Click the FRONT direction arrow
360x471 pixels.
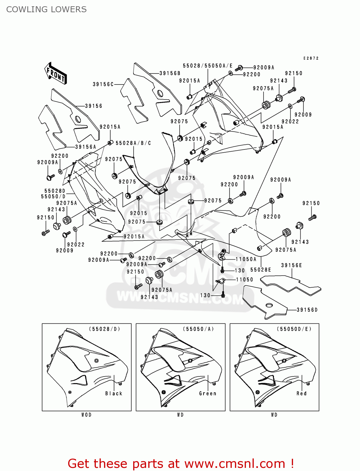[x=56, y=73]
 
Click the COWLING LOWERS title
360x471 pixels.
[x=46, y=9]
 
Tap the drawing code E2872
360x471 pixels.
[x=311, y=58]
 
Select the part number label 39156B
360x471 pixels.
[x=170, y=73]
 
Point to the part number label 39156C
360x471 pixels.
[x=103, y=84]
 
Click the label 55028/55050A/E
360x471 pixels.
[x=208, y=66]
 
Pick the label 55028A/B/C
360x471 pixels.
[x=133, y=143]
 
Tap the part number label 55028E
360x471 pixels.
[x=260, y=270]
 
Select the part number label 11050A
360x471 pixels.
[x=246, y=259]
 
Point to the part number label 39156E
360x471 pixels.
[x=292, y=265]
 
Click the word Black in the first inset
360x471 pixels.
[x=114, y=393]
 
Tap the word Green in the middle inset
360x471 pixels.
[x=208, y=393]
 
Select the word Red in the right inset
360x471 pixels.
[x=302, y=393]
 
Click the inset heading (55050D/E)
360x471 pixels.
[x=294, y=329]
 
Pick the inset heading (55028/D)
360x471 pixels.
[x=105, y=329]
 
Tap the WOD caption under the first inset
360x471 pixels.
[x=86, y=415]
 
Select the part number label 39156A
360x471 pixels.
[x=85, y=147]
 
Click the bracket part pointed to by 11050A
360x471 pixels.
[x=222, y=255]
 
